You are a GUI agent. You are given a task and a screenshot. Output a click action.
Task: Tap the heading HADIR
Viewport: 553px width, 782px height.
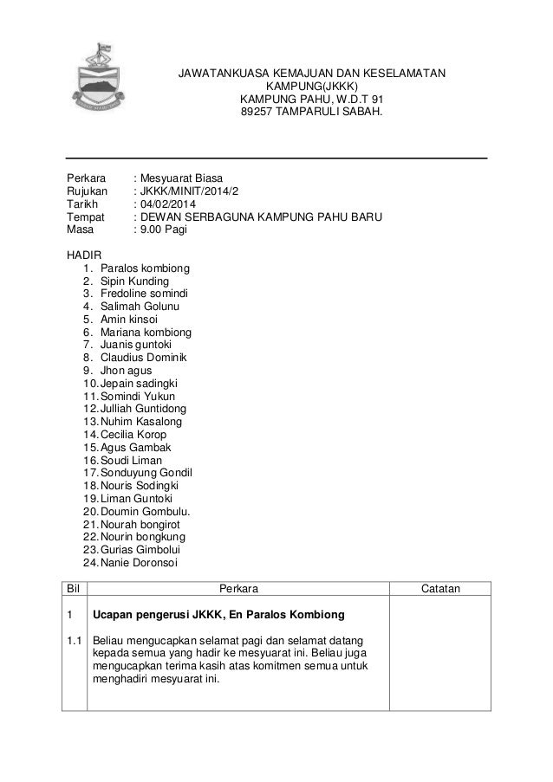click(84, 255)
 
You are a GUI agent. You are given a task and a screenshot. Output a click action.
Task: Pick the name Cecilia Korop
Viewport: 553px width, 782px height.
click(133, 434)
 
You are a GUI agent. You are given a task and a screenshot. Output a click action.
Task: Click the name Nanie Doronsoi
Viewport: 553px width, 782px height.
click(139, 562)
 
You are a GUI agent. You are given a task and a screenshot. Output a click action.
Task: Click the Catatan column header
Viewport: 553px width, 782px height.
click(440, 589)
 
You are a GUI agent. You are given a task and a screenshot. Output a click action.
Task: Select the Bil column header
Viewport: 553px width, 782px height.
click(74, 589)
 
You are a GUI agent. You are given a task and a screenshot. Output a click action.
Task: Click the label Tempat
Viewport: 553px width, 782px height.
click(85, 217)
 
